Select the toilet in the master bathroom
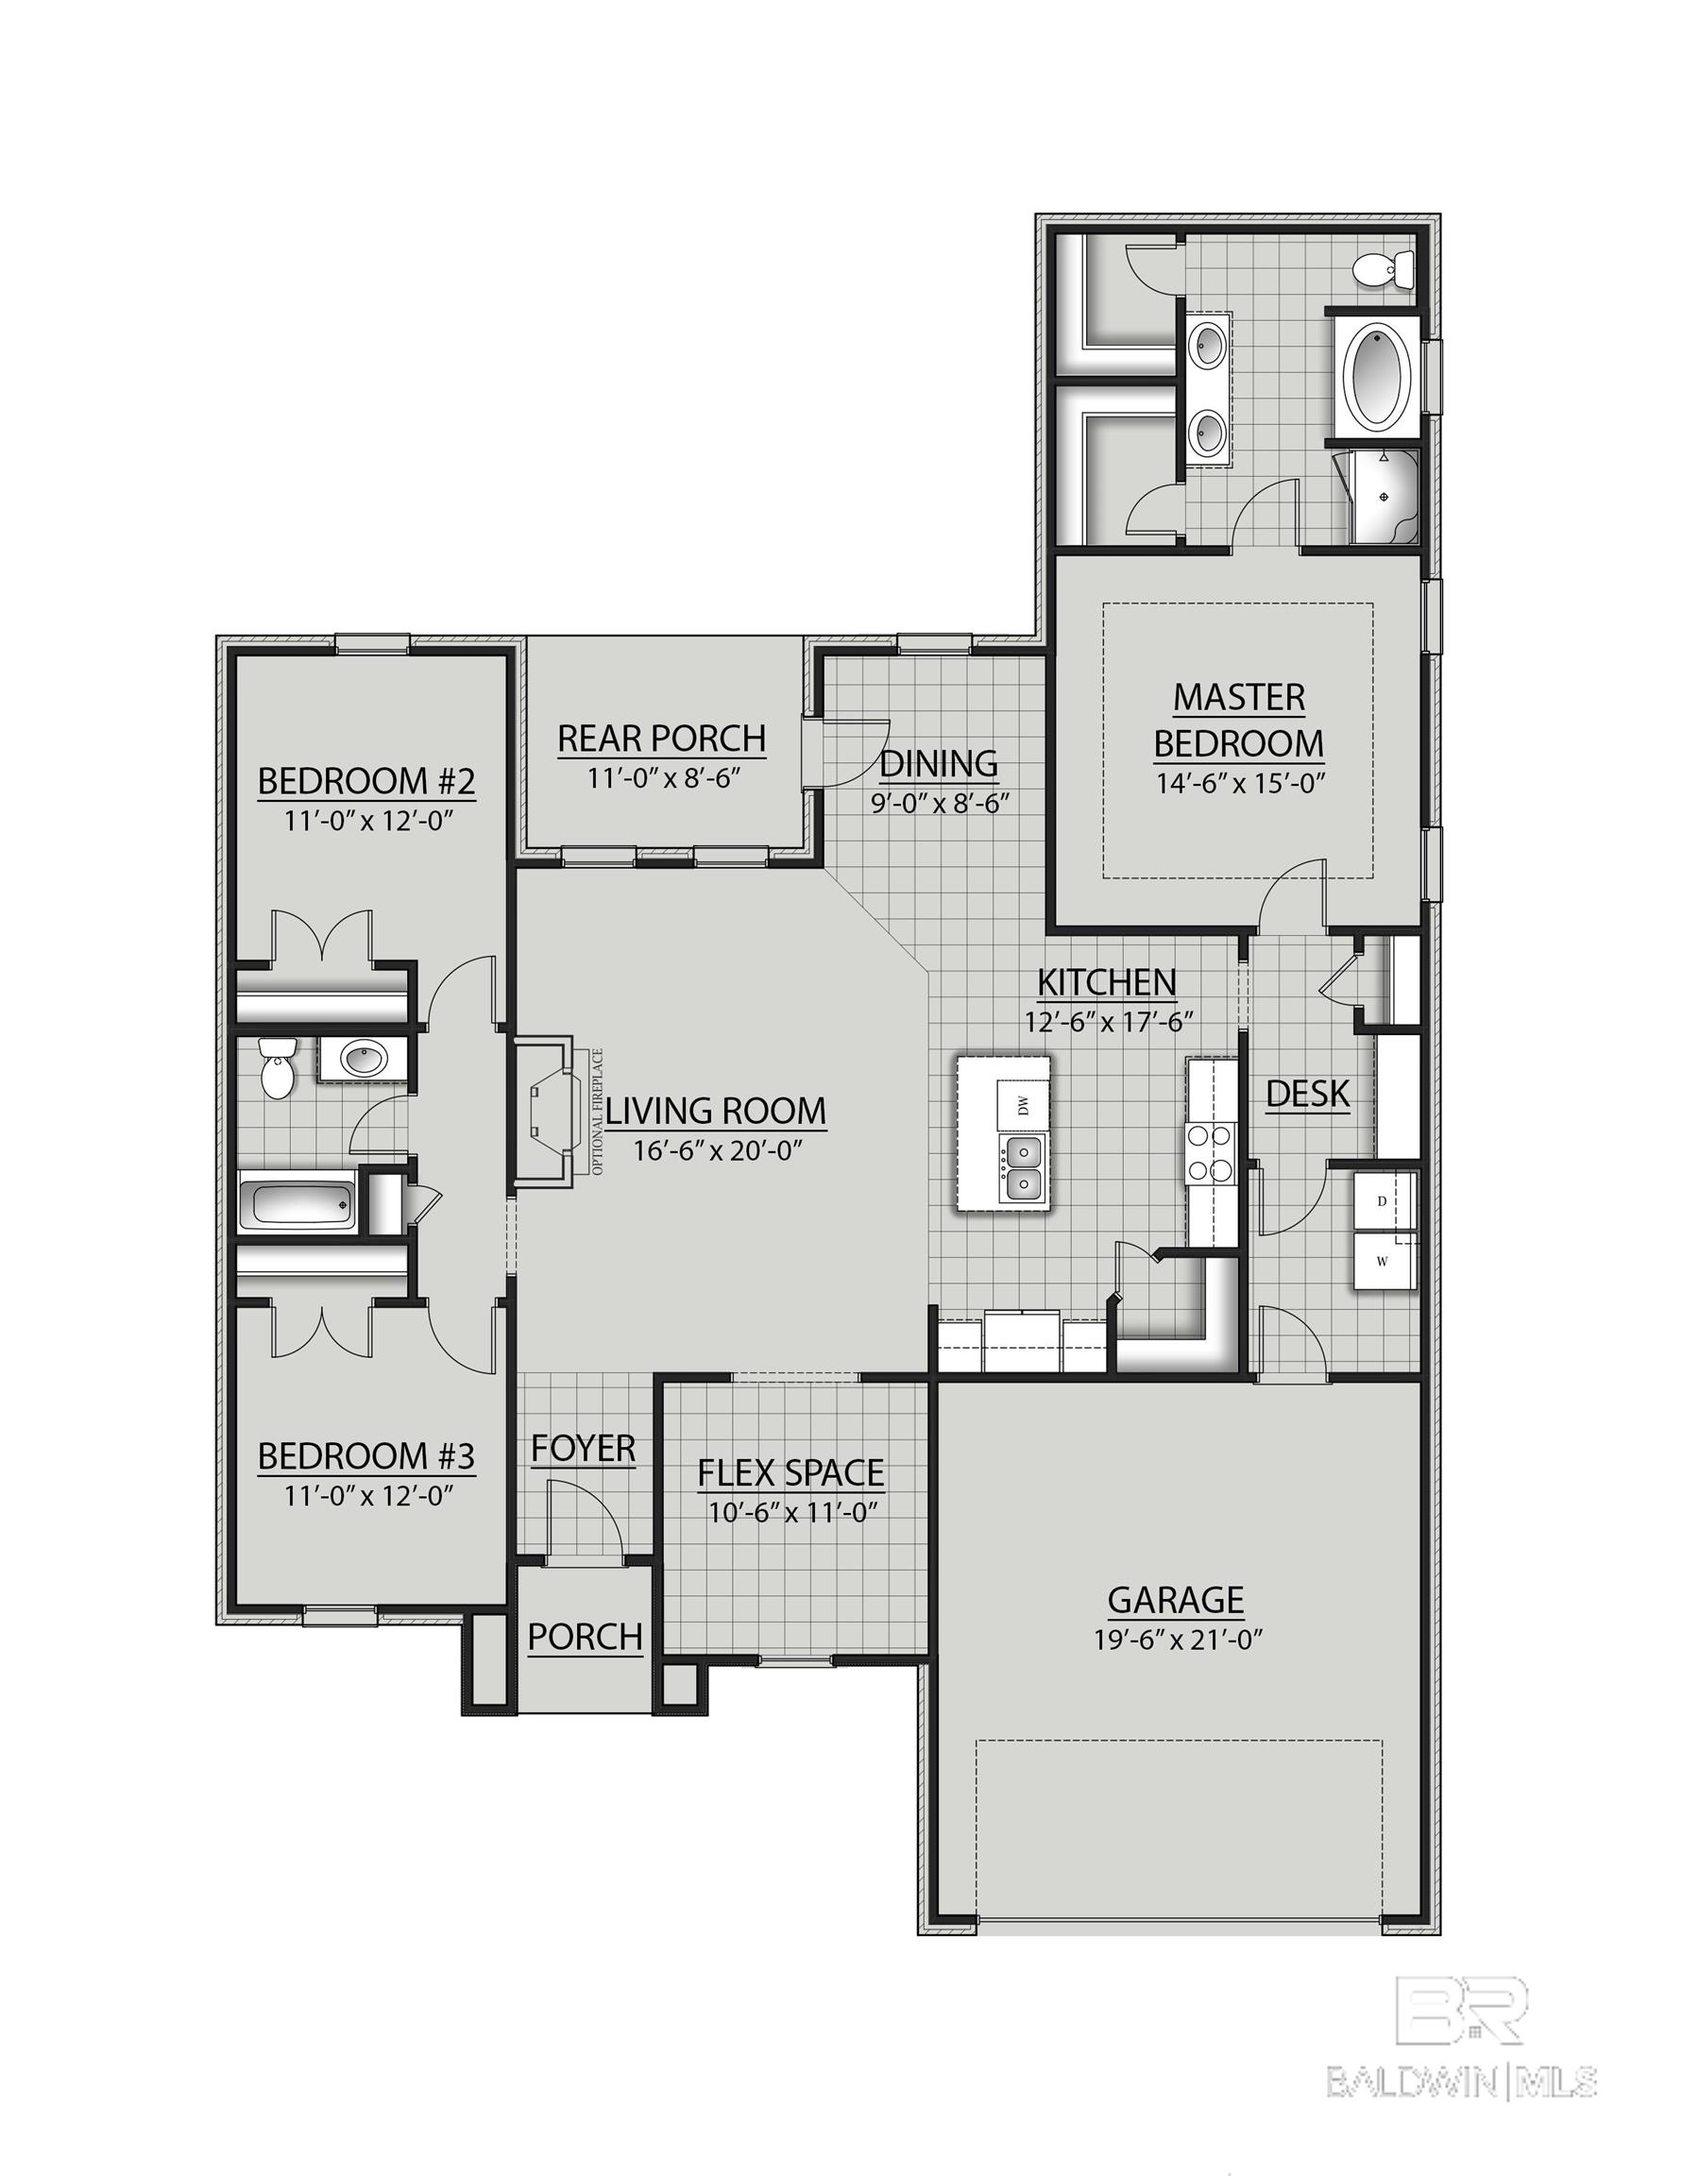coord(1385,270)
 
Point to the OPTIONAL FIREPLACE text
coord(598,1111)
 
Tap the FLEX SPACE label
coord(790,1471)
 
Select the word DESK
coord(1307,1094)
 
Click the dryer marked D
coord(1382,1201)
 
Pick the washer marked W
coord(1382,1262)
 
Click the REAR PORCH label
coord(661,739)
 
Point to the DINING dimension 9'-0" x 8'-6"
coord(941,803)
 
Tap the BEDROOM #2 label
coord(365,781)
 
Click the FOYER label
coord(583,1448)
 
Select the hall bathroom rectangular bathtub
coord(297,1204)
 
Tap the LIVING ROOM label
coord(716,1110)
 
